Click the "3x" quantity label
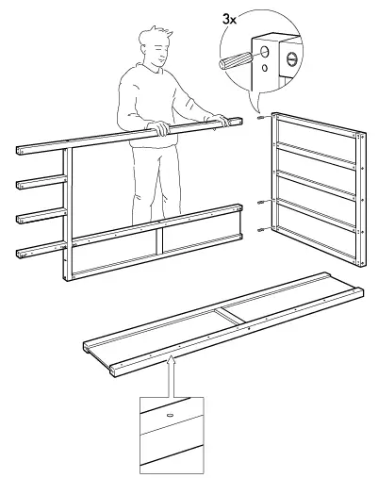(x=229, y=20)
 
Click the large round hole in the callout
(x=265, y=52)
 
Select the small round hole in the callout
(x=265, y=68)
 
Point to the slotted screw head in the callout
(x=292, y=59)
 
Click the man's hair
(x=156, y=37)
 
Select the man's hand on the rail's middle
(x=160, y=128)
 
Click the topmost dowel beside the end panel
(x=260, y=118)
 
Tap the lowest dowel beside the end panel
(x=261, y=230)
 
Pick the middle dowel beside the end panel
(x=261, y=203)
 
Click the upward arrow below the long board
(x=172, y=376)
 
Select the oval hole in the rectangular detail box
(x=171, y=415)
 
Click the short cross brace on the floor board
(x=230, y=317)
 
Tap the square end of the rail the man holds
(x=238, y=122)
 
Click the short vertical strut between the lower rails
(x=159, y=240)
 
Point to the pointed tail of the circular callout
(x=258, y=110)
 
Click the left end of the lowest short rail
(x=20, y=254)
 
